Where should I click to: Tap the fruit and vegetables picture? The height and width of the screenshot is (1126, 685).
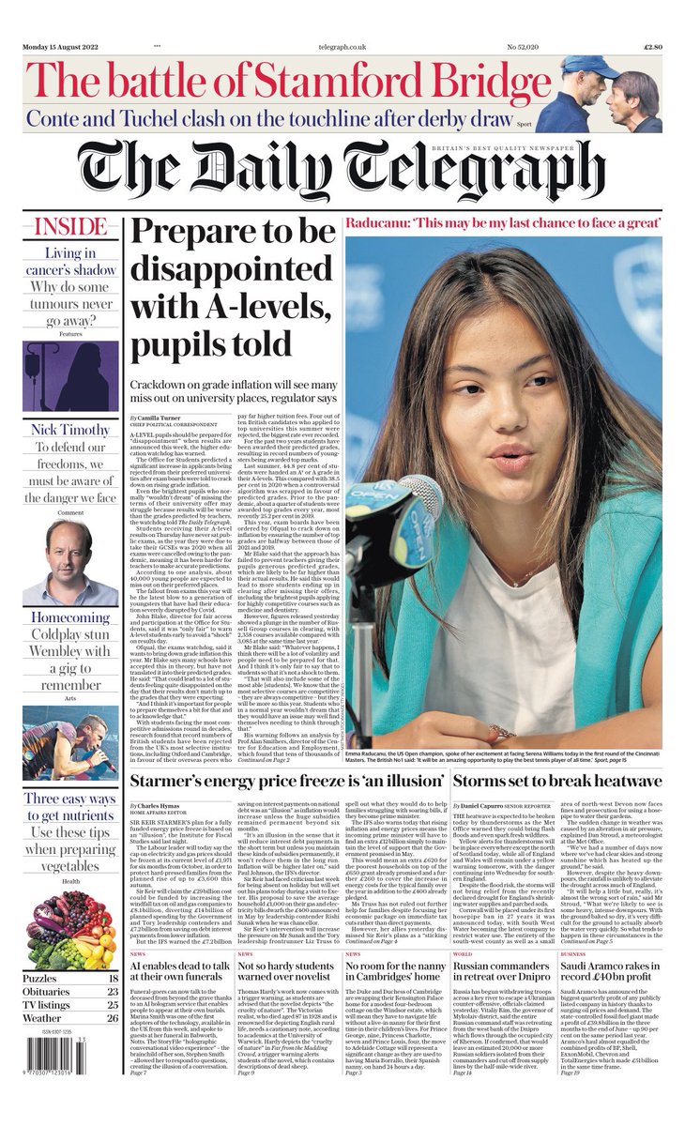tap(70, 924)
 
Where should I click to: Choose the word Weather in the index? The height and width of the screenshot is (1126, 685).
tap(42, 1018)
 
